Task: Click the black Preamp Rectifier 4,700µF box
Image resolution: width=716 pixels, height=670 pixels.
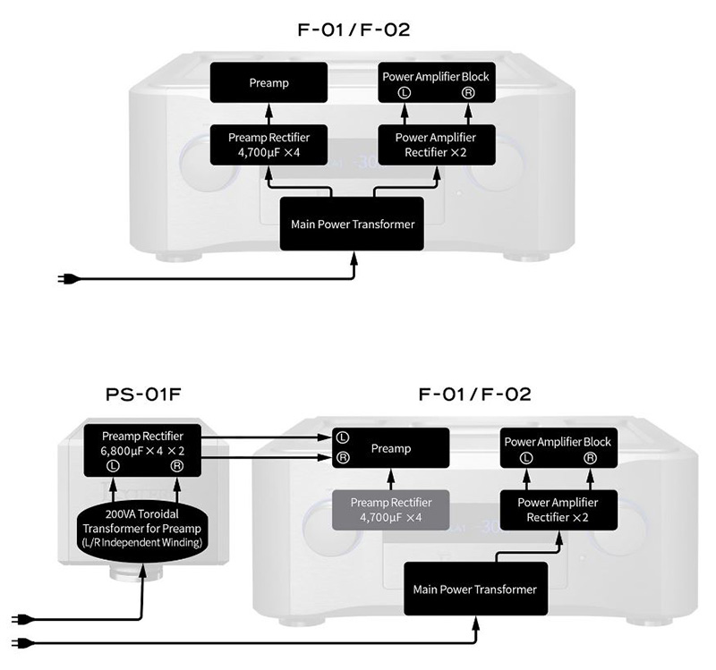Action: [268, 143]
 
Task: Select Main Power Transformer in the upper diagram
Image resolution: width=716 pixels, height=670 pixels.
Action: [353, 224]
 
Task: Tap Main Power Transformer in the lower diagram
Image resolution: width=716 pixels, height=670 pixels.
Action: [474, 589]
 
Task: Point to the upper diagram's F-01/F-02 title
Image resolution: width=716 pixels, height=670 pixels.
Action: [354, 30]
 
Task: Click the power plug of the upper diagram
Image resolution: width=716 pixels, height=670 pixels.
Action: [67, 278]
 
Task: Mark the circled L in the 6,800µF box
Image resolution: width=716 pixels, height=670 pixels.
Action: [112, 466]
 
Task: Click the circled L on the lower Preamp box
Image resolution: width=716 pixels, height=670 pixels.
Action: [342, 437]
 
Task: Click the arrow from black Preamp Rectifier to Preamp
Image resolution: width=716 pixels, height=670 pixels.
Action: [268, 114]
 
